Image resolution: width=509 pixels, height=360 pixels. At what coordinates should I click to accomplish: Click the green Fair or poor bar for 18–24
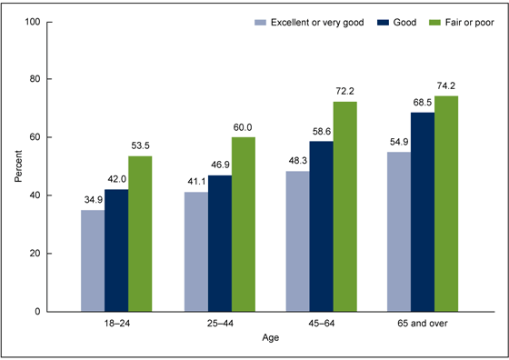(140, 234)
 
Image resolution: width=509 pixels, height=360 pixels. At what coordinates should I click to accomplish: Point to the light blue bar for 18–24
(93, 261)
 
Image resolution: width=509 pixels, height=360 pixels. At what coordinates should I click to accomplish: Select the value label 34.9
(93, 199)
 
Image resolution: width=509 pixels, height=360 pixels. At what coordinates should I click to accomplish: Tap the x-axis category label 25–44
(219, 324)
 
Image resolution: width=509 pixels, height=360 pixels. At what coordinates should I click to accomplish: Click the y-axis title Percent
(18, 166)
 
